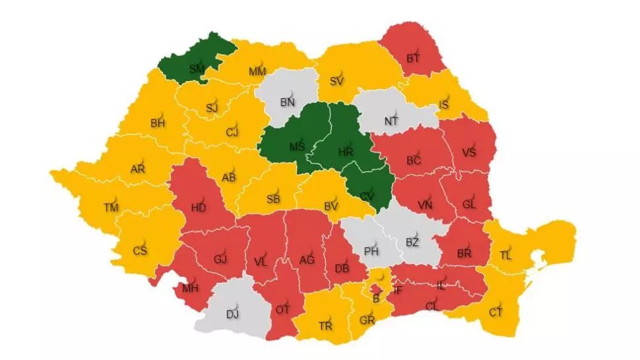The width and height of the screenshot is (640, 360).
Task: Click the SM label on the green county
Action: tap(196, 69)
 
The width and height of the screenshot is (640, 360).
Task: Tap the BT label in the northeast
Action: tap(413, 59)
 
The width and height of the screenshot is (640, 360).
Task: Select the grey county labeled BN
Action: tap(288, 102)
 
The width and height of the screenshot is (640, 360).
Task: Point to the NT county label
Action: tap(391, 121)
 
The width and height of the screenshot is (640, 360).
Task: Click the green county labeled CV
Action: tap(368, 196)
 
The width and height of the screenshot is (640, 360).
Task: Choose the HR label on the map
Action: tap(345, 152)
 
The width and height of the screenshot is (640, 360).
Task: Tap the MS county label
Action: tap(297, 146)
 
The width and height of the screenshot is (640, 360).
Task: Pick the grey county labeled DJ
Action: tap(232, 314)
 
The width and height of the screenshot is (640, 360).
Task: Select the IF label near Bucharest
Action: tap(397, 289)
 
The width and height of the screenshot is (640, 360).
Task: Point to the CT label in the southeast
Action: tap(496, 313)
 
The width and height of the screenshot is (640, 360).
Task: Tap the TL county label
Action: tap(505, 256)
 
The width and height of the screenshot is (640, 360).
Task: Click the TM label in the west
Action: tap(110, 208)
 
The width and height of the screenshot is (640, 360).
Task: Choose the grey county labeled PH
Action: tap(371, 251)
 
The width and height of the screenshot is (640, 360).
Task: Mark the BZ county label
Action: tap(412, 243)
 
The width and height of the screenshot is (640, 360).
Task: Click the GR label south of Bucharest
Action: tap(368, 320)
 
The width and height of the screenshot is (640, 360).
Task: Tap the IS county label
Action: tap(445, 105)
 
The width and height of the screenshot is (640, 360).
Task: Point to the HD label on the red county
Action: tap(199, 206)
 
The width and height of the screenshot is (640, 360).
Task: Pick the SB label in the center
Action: tap(273, 200)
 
